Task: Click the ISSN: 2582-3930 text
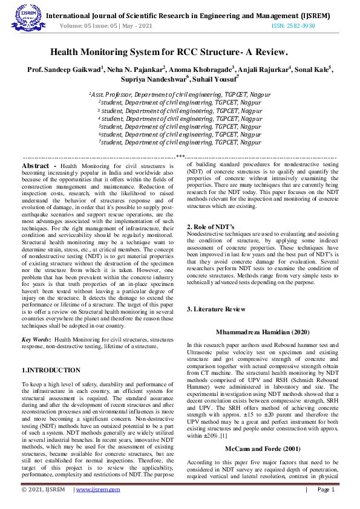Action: pos(293,26)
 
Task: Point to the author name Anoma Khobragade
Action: pos(200,70)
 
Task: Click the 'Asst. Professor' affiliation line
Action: pos(180,95)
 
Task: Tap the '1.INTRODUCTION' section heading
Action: pos(51,370)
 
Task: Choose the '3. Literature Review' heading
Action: pos(216,309)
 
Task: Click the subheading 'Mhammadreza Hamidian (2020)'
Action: pos(262,332)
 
